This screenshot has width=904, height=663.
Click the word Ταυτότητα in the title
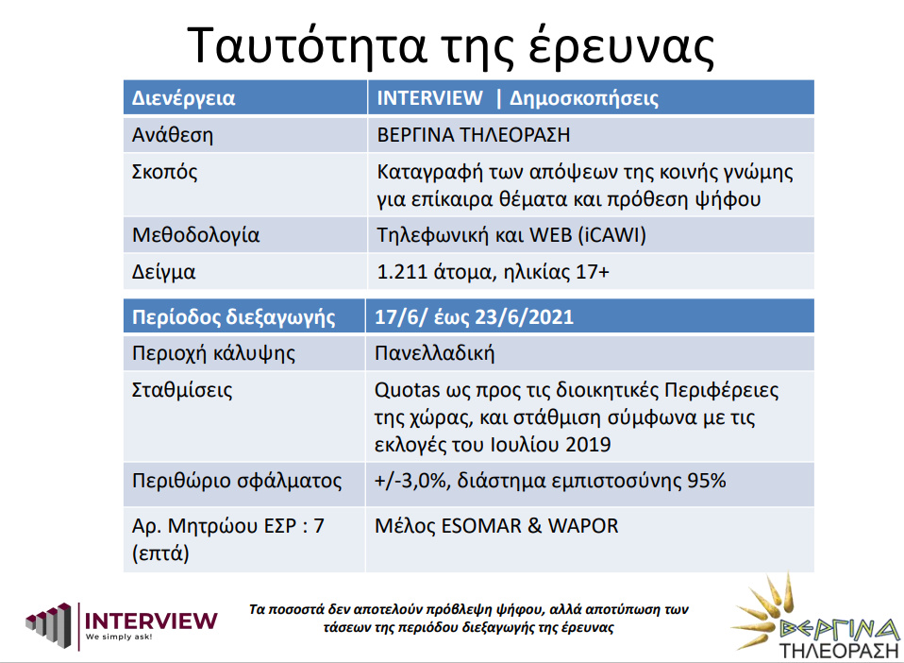[307, 45]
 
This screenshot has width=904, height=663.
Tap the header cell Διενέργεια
[184, 98]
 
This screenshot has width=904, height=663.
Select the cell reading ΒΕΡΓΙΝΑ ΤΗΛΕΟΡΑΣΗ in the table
[474, 135]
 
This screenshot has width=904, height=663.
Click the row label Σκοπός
[164, 172]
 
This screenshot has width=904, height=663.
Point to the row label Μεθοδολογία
[196, 235]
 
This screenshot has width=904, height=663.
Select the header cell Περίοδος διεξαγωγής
[233, 317]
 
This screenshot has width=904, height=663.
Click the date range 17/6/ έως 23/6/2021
[474, 317]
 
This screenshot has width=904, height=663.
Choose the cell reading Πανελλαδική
[435, 353]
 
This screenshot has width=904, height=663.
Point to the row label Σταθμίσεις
[182, 390]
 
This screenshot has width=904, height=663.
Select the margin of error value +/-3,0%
[411, 482]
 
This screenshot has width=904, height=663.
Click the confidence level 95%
[706, 482]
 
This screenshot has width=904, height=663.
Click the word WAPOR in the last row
[583, 526]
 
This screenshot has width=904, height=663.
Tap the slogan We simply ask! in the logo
[119, 637]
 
